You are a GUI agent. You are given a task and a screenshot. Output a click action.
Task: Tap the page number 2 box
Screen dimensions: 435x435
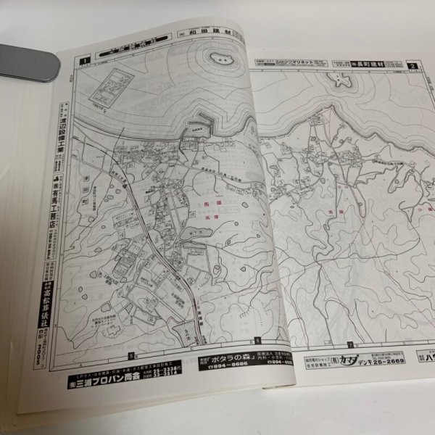[413, 67]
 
